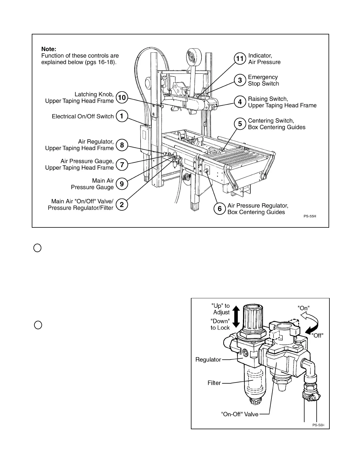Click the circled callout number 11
tap(240, 59)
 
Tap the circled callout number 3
tap(240, 80)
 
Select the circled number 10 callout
tap(122, 97)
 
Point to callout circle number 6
tap(219, 209)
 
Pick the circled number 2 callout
tap(122, 204)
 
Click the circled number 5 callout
tap(240, 124)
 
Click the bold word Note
tap(49, 49)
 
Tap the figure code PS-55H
tap(310, 216)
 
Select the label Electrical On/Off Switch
tap(83, 116)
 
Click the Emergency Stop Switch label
tap(263, 80)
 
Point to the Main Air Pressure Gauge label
tap(92, 184)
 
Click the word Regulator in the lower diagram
tap(208, 360)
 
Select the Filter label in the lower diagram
tap(214, 383)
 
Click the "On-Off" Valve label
tap(239, 414)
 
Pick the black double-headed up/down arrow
tap(236, 317)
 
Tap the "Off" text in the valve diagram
tap(317, 335)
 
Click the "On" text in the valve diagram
tap(304, 308)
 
